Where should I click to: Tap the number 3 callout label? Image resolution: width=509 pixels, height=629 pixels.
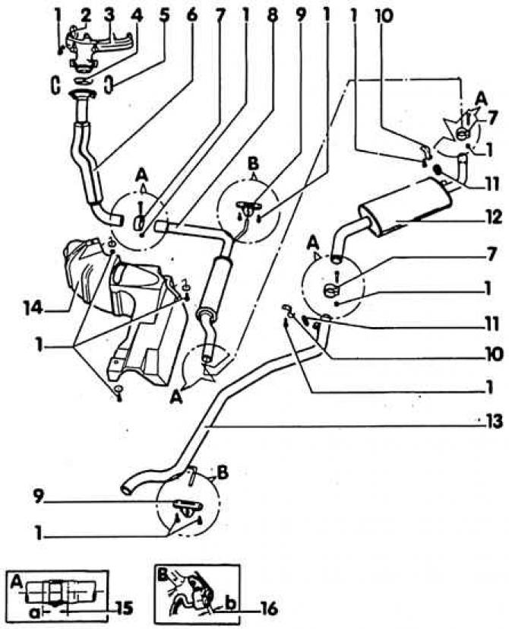pyautogui.click(x=85, y=14)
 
